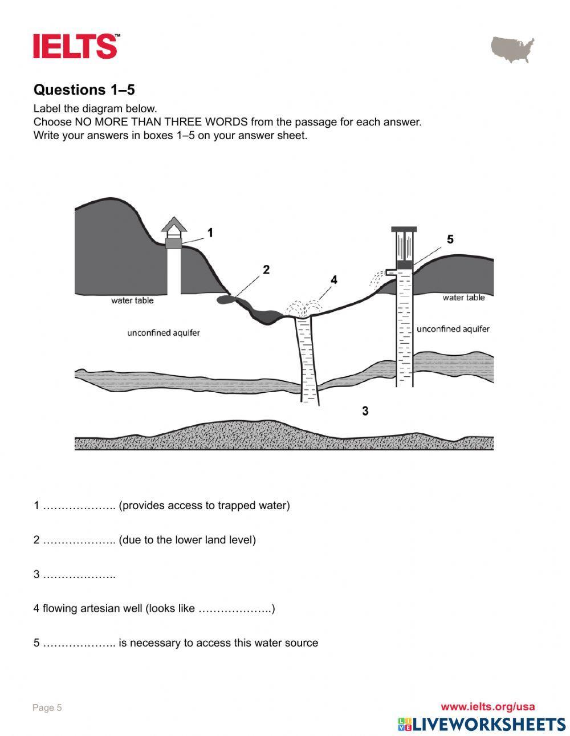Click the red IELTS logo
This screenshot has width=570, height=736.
coord(76,46)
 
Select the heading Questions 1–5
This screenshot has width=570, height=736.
coord(84,90)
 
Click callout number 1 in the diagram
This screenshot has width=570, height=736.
coord(210,233)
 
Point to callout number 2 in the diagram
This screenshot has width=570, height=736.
coord(266,270)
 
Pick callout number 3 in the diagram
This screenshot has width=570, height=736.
coord(365,410)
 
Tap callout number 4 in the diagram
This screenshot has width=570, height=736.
coord(334,279)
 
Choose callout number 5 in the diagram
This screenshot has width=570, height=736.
coord(450,239)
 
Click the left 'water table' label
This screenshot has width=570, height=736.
coord(132,300)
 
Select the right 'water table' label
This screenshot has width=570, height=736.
coord(463,298)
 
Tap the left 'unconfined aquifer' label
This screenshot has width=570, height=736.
coord(164,332)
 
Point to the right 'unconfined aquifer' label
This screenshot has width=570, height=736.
coord(453,329)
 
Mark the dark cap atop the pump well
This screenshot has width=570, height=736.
coord(404,229)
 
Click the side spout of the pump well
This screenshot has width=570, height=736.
coord(390,273)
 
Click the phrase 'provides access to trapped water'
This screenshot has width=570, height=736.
coord(204,506)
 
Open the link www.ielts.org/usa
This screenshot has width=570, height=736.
coord(487,707)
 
